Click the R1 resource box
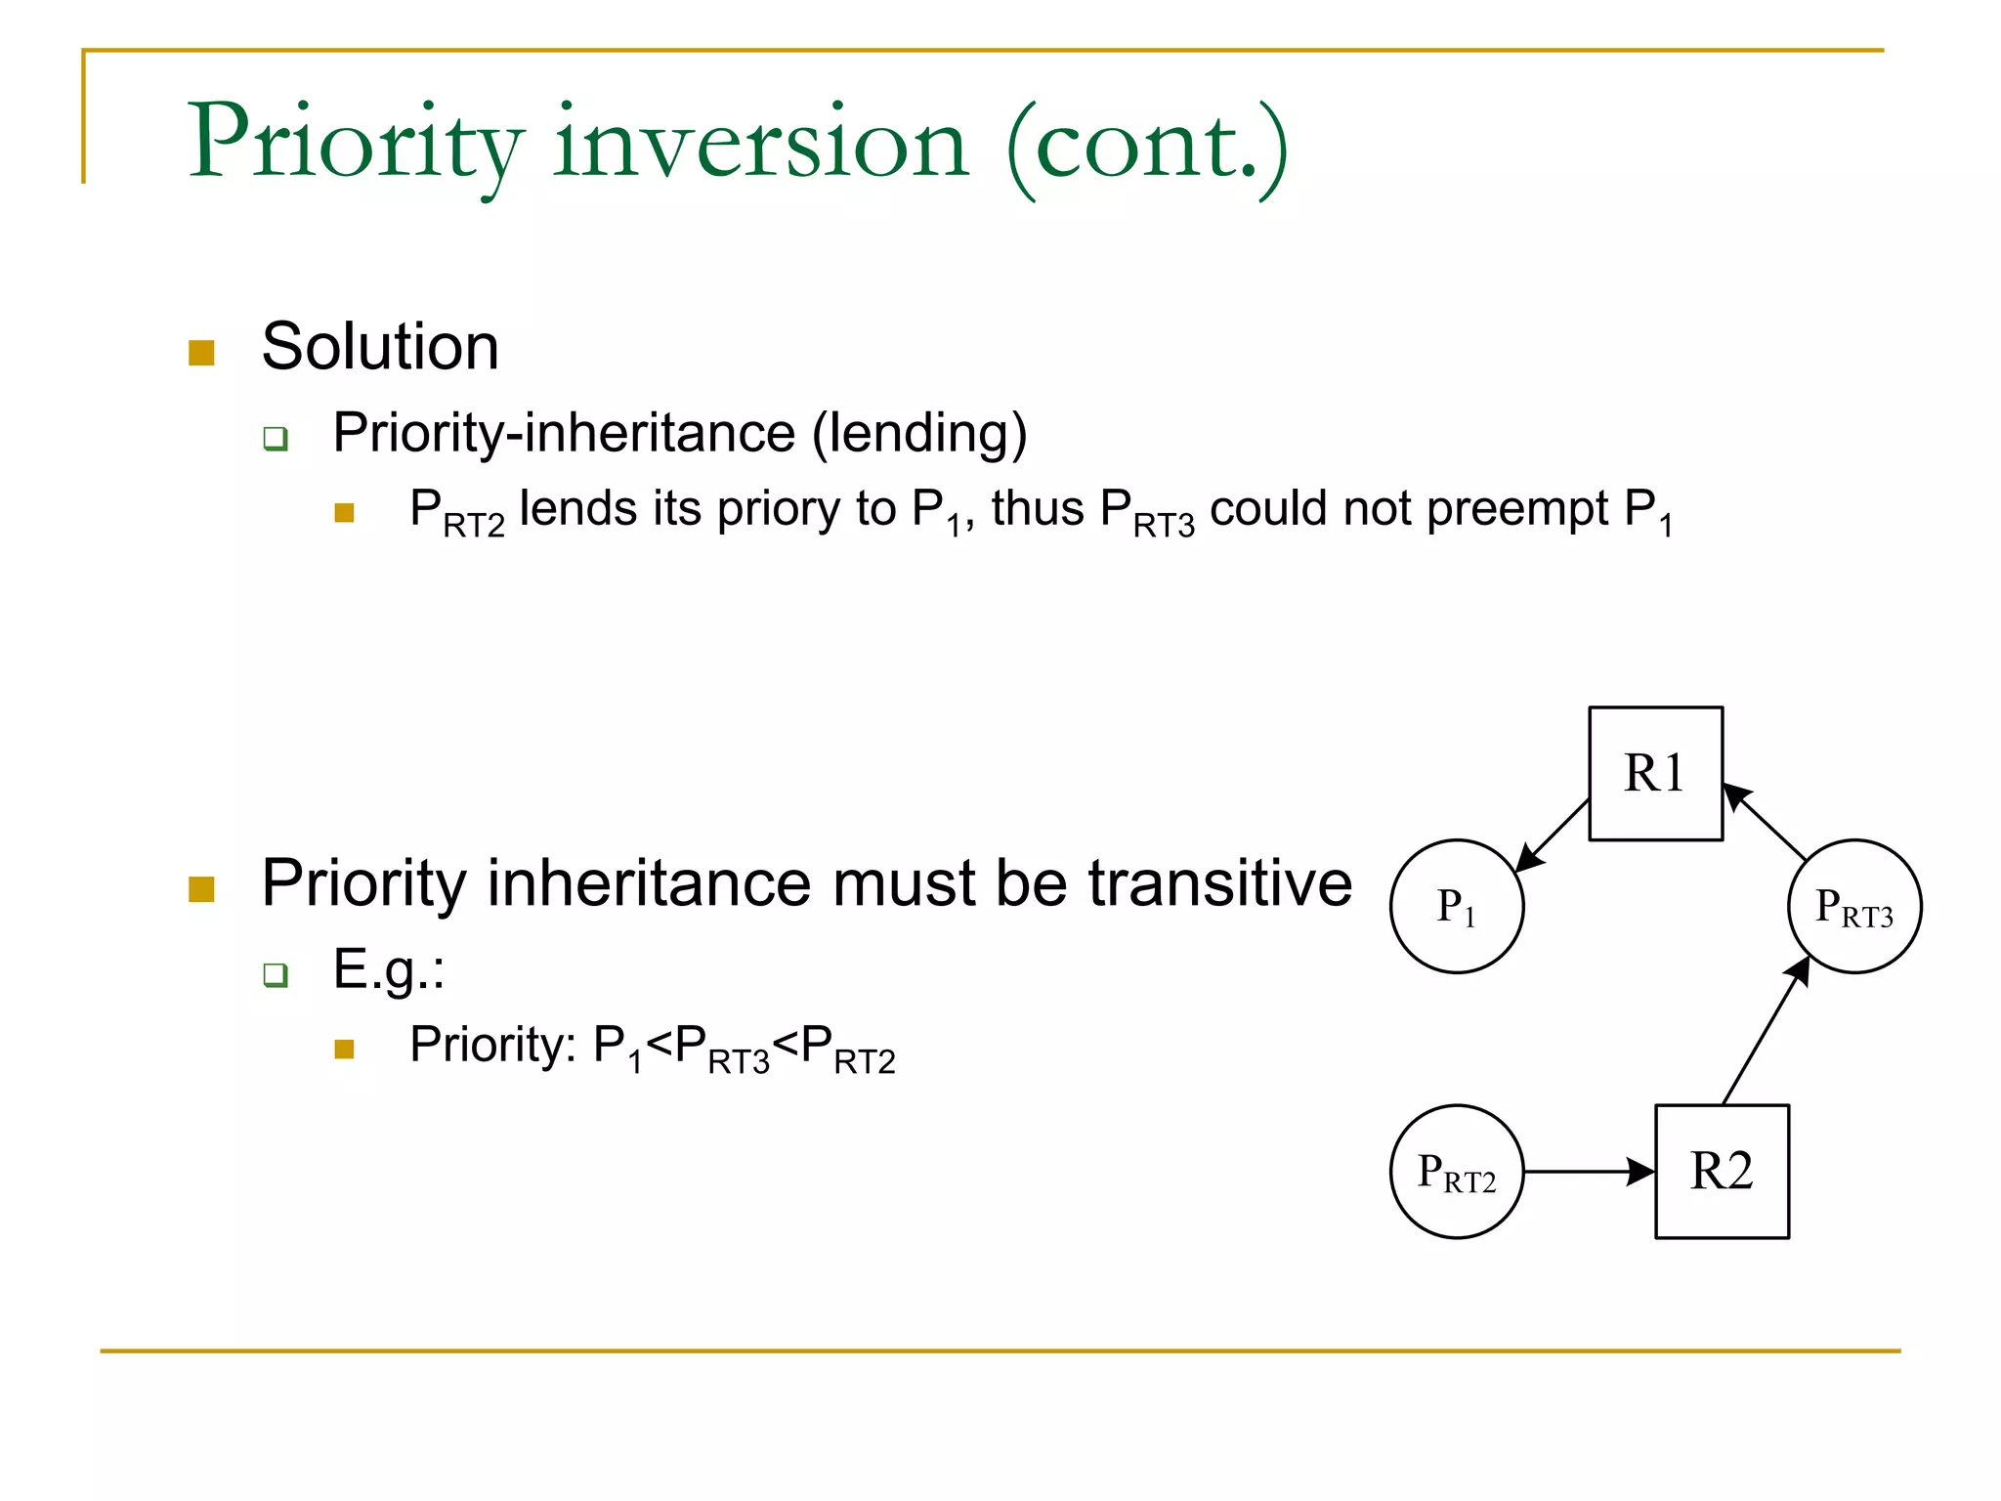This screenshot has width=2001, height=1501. (x=1655, y=773)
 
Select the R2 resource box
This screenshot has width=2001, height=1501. (x=1722, y=1171)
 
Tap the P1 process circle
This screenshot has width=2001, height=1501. (x=1456, y=906)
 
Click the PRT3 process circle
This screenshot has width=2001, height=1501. (x=1853, y=906)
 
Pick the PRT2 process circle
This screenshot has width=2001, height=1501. (x=1456, y=1171)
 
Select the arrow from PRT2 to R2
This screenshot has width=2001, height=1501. (x=1588, y=1171)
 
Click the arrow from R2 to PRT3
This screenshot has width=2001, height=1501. (x=1765, y=1034)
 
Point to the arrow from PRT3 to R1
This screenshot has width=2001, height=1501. (x=1765, y=821)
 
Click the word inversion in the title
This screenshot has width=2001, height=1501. (x=760, y=144)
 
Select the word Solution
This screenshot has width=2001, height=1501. (x=380, y=347)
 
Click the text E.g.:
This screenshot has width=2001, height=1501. (x=388, y=969)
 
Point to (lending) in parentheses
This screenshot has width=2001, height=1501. (x=919, y=433)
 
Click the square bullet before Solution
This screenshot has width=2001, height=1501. (x=201, y=353)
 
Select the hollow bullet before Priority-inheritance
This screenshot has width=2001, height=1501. (x=276, y=438)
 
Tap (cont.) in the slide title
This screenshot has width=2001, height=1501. (x=1147, y=147)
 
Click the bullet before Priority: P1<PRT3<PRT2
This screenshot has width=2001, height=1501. (x=344, y=1050)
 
